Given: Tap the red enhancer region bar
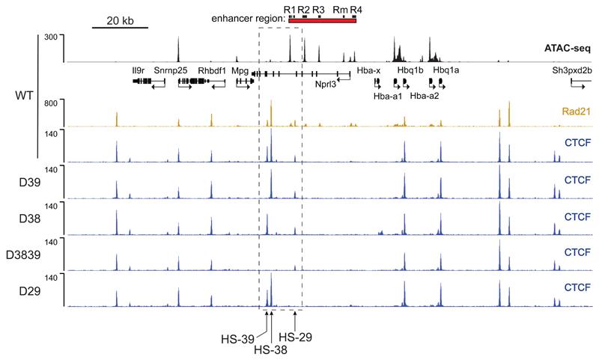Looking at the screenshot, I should [x=322, y=19].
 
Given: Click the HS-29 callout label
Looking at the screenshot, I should [x=296, y=336].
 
